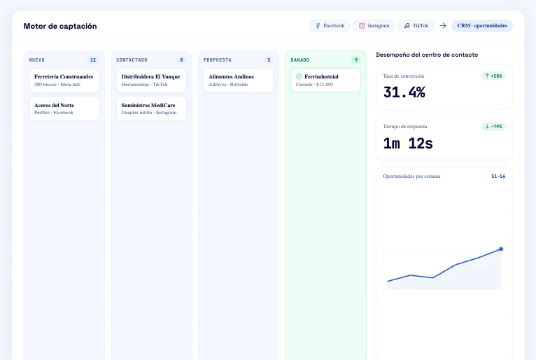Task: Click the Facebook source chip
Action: click(329, 26)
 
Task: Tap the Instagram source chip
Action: click(374, 26)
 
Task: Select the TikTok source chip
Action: click(416, 26)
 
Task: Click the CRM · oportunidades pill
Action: click(482, 26)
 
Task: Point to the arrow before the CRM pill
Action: click(443, 26)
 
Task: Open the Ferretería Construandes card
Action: click(64, 80)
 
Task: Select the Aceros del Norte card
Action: click(64, 109)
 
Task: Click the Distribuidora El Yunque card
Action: click(151, 80)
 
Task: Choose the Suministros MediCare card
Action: click(151, 109)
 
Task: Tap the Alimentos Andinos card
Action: click(239, 80)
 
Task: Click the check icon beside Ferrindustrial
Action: click(299, 76)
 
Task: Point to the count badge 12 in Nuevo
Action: click(93, 60)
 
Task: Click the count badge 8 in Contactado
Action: click(181, 60)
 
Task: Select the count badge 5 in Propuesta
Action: click(269, 60)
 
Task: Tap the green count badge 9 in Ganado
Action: click(356, 60)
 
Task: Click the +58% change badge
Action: click(493, 76)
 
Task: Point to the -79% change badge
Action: click(493, 127)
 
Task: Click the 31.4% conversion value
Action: click(404, 92)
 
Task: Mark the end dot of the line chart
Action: click(501, 249)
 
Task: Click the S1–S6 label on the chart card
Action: click(498, 176)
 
